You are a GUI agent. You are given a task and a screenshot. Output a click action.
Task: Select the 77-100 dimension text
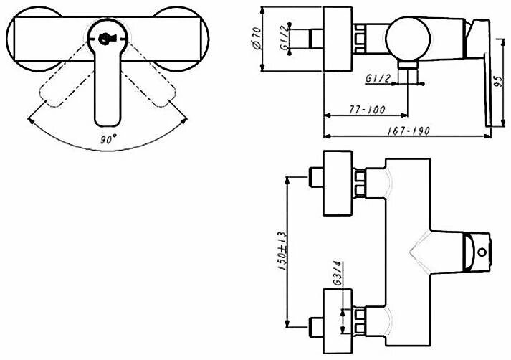pos(368,110)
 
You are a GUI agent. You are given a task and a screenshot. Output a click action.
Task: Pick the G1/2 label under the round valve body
pos(378,77)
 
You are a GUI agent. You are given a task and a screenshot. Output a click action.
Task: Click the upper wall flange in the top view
pos(340,184)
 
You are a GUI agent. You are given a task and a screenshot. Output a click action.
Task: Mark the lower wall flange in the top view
pos(340,316)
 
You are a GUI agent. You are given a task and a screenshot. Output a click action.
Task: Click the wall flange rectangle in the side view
pos(339,40)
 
